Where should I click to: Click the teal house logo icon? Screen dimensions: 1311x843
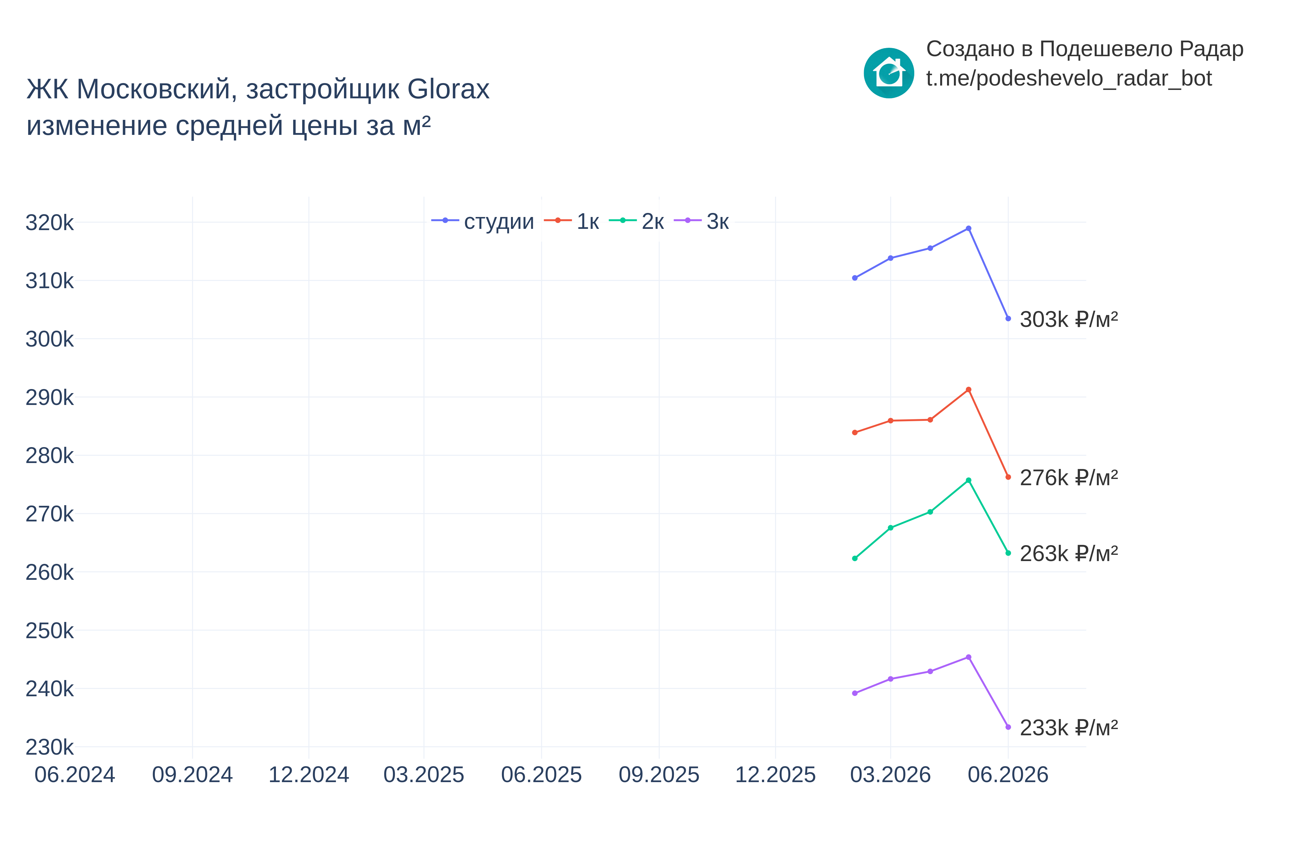click(889, 73)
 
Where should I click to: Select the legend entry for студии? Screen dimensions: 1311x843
click(483, 221)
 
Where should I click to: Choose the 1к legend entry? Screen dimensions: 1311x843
click(572, 221)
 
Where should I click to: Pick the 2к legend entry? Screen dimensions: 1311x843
click(636, 221)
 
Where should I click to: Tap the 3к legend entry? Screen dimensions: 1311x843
click(701, 221)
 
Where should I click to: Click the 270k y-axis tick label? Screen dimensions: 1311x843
click(49, 514)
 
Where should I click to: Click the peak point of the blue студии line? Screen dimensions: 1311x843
click(969, 228)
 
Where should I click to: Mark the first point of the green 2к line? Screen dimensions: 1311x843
click(855, 558)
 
